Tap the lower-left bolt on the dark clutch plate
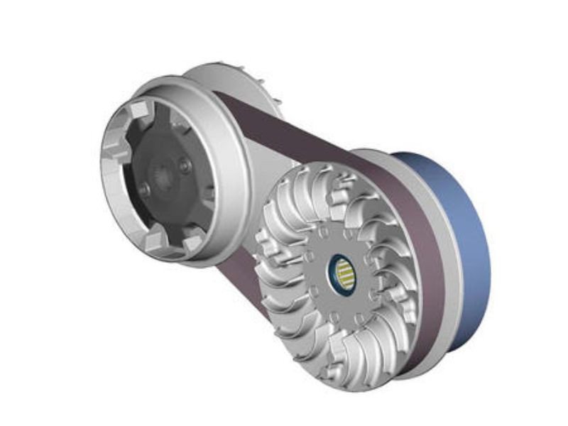[145, 190]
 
